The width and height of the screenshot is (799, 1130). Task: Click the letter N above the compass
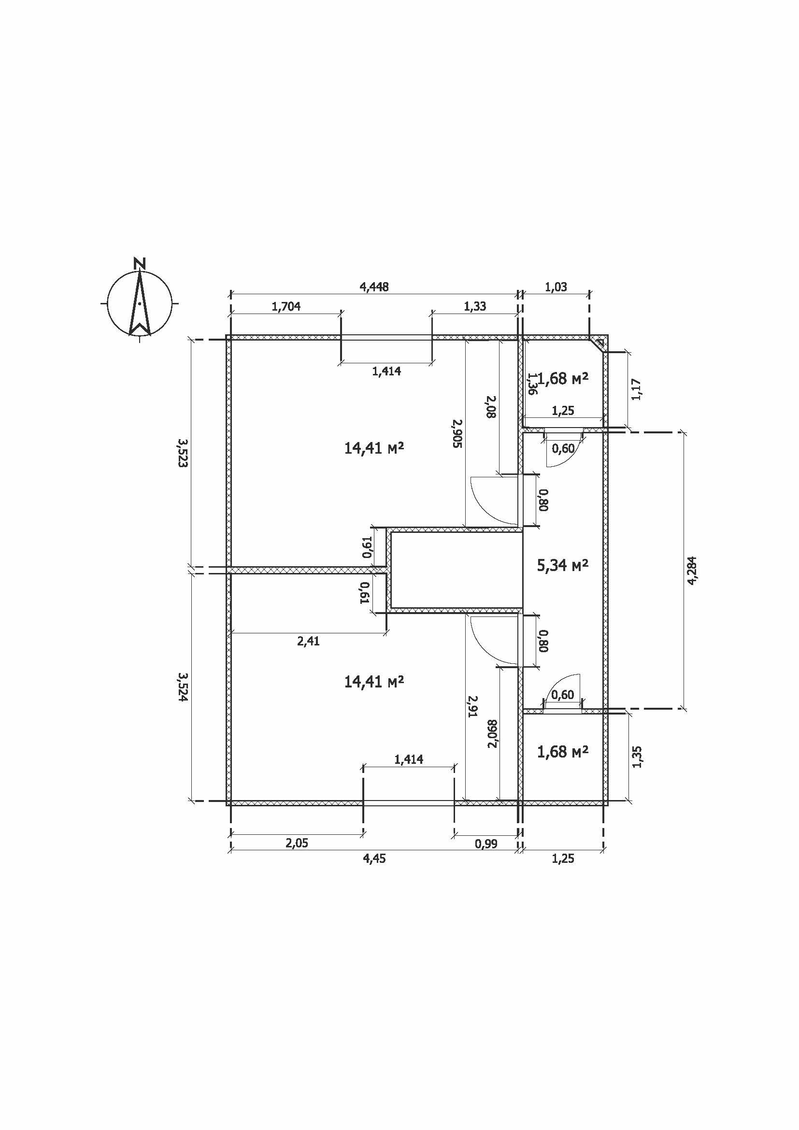[x=140, y=263]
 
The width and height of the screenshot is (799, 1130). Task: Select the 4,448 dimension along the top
[x=374, y=287]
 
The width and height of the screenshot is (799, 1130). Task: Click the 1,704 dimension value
[x=286, y=307]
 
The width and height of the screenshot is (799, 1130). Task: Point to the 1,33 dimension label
[x=475, y=306]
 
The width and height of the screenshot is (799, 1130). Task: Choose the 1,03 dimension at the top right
[x=556, y=287]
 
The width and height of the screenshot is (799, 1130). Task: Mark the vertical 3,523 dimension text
[x=183, y=453]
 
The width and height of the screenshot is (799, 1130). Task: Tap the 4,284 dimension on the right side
[x=692, y=571]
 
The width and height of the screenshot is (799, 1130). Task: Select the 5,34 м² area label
[x=563, y=566]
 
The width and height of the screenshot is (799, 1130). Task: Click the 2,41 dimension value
[x=309, y=641]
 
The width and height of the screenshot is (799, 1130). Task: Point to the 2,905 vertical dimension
[x=457, y=433]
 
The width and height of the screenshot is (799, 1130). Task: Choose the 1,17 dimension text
[x=636, y=389]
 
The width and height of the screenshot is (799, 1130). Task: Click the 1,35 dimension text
[x=638, y=757]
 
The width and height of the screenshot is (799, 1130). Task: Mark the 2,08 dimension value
[x=491, y=407]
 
